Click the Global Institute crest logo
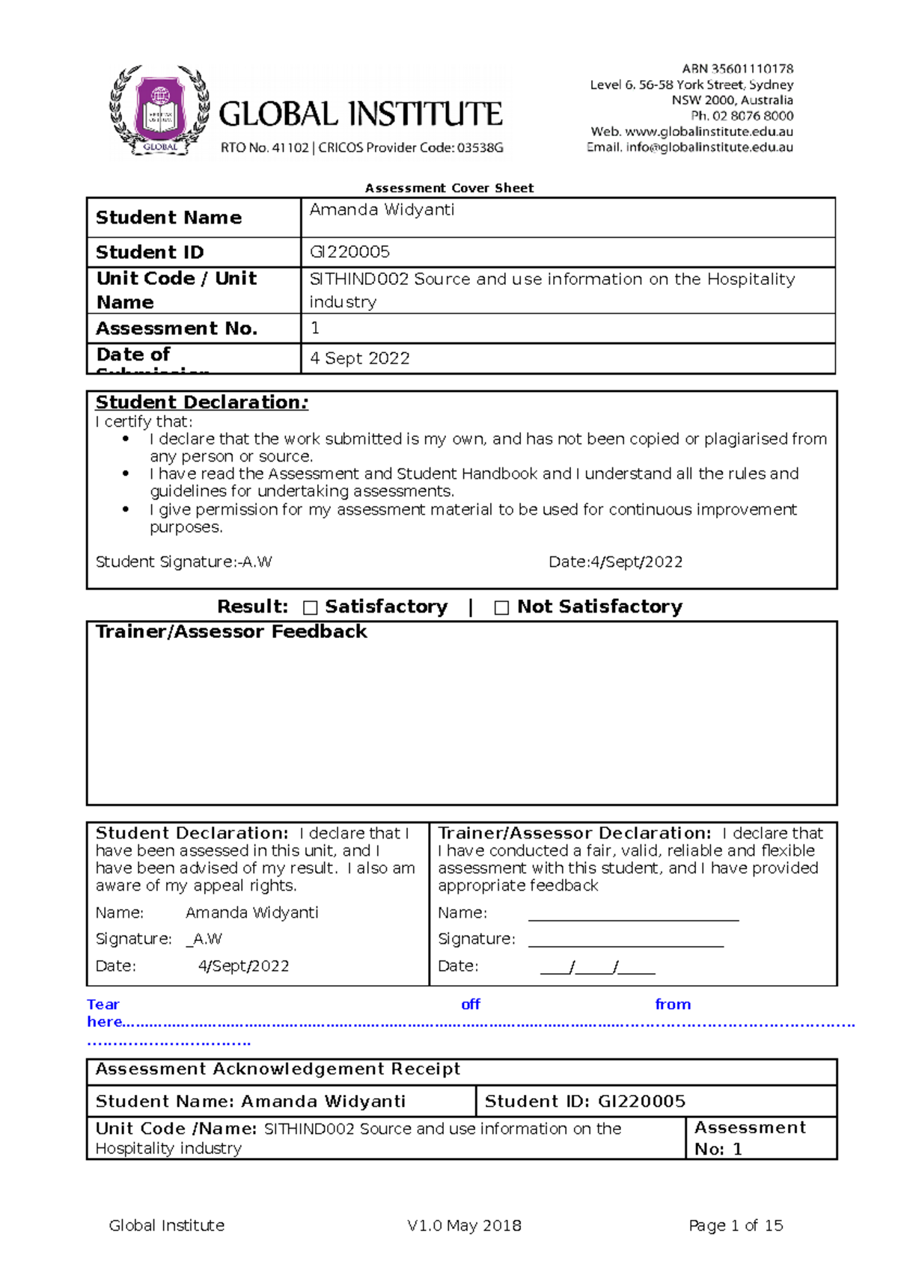coord(159,111)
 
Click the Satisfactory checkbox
coord(311,608)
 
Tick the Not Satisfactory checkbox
coord(501,608)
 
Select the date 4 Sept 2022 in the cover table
coord(360,358)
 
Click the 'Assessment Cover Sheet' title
coord(449,188)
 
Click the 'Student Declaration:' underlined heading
coord(201,402)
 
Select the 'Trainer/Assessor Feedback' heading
coord(231,632)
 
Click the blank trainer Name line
coord(633,914)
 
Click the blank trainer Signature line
coord(626,940)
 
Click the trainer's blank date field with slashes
coord(597,967)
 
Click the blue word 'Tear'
coord(103,1004)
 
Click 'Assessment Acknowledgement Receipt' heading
coord(278,1070)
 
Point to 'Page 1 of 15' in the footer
coord(736,1225)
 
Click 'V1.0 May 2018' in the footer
coord(464,1225)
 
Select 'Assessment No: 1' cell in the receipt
coord(751,1138)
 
